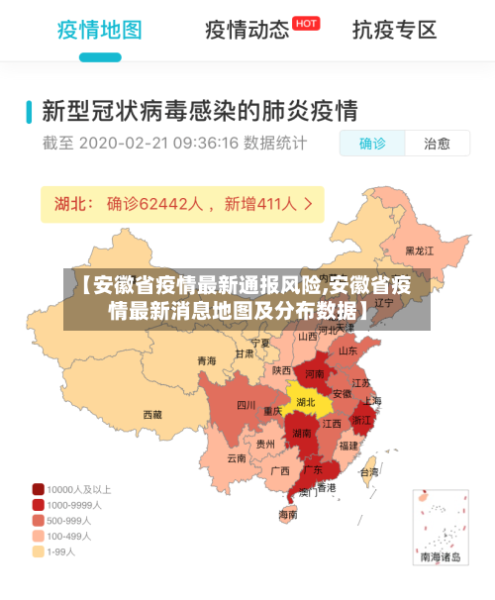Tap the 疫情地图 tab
coord(99,30)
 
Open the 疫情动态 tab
coord(247,30)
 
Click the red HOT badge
coord(307,23)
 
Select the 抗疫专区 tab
coord(394,30)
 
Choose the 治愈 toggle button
coord(437,144)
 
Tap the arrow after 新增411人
coord(309,205)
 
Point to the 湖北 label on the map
coord(306,402)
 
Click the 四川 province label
coord(246,405)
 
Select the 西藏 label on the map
coord(152,415)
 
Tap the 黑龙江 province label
coord(421,251)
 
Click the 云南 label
coord(236,458)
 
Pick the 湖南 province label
coord(302,433)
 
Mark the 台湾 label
coord(368,472)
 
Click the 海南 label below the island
coord(288,515)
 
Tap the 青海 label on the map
coord(206,360)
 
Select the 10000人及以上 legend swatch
coord(39,489)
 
